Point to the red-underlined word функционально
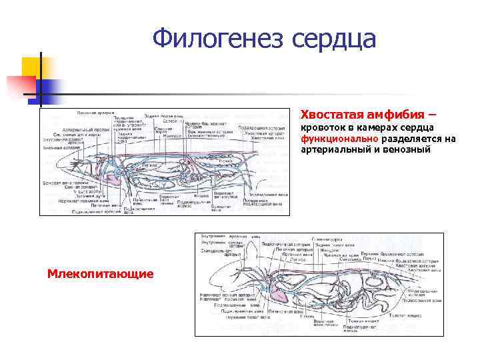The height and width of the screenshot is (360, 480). (341, 139)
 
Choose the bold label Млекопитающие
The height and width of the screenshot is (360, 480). (101, 273)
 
